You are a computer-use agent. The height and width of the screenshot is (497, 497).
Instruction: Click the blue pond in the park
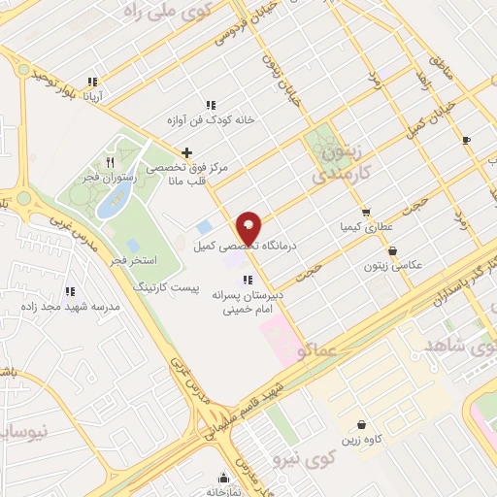(115, 198)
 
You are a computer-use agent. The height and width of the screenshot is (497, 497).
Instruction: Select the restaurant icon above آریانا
(92, 82)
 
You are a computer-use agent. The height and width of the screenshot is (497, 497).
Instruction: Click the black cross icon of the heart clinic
(186, 151)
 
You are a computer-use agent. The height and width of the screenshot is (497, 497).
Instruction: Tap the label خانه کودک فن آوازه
(222, 120)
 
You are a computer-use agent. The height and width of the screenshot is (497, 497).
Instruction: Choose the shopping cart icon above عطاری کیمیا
(365, 212)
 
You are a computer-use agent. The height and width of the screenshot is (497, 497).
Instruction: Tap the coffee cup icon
(466, 141)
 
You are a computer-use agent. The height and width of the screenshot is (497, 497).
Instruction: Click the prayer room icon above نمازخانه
(224, 477)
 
